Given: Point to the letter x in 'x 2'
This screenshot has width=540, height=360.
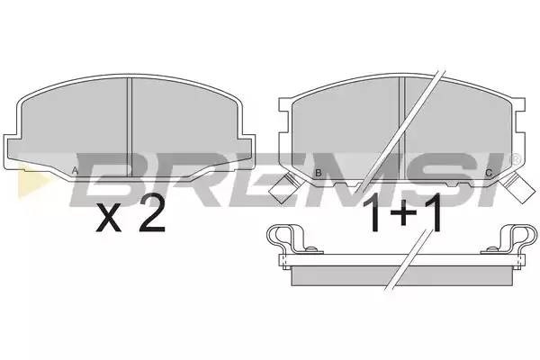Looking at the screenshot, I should [x=109, y=220].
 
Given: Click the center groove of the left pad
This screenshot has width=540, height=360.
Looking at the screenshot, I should [x=131, y=126].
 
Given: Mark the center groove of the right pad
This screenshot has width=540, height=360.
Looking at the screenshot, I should [x=401, y=126].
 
